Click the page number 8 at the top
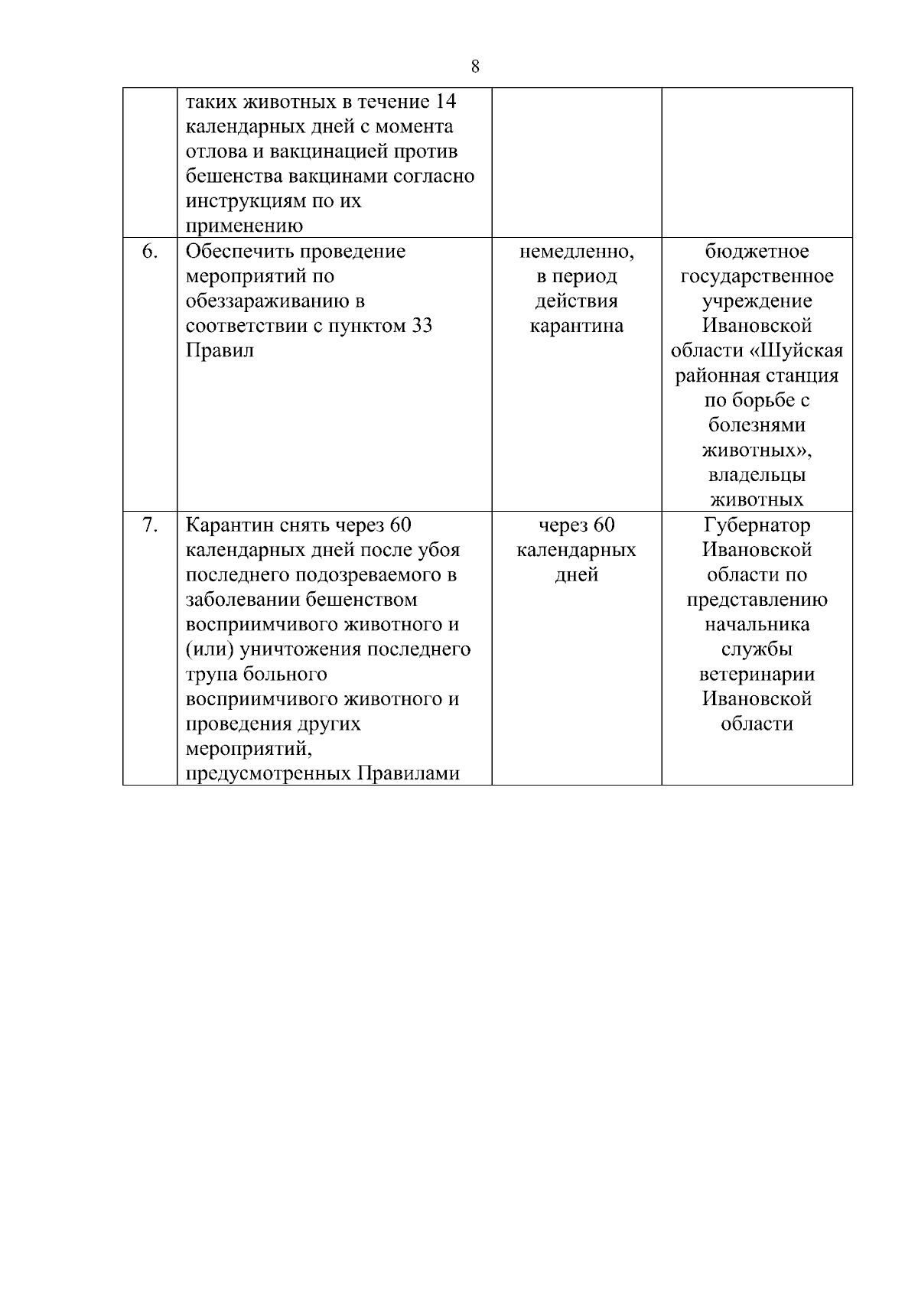coord(475,67)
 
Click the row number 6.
coord(150,252)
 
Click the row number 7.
coord(150,525)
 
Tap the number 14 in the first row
coord(444,102)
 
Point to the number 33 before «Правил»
coord(422,326)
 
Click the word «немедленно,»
coord(576,252)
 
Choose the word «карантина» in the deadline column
coord(576,326)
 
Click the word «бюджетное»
coord(757,252)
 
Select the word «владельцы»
coord(757,475)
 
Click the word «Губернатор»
coord(757,525)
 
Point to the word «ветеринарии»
coord(757,675)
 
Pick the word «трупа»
coord(210,675)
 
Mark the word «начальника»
coord(757,625)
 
